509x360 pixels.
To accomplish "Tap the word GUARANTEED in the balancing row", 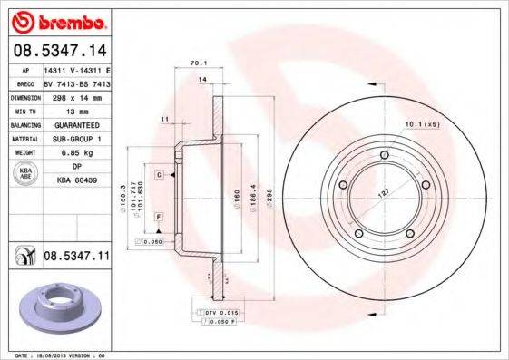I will (x=75, y=124).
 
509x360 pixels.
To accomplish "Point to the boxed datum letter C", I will (x=158, y=173).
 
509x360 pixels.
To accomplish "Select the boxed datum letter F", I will (x=158, y=217).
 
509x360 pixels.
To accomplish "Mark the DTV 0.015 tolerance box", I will (x=221, y=311).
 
